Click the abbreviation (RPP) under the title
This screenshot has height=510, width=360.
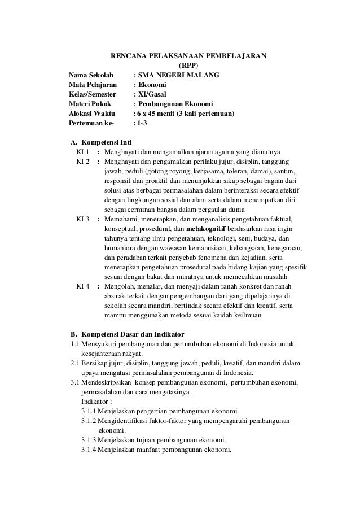tap(188, 65)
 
